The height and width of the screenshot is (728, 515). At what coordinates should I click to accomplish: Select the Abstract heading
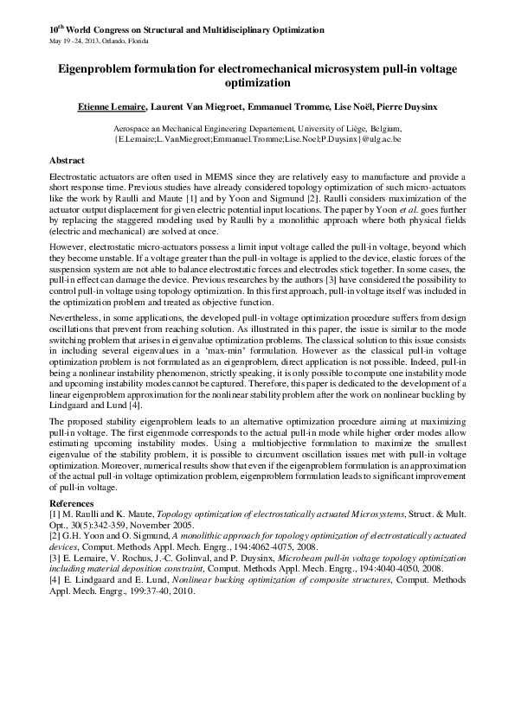67,161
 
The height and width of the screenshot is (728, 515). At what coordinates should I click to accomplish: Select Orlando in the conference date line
124,42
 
